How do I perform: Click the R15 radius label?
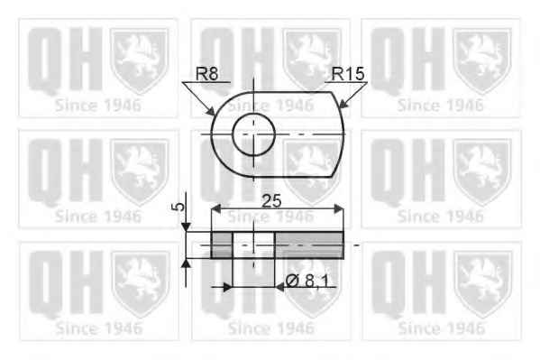pyautogui.click(x=348, y=74)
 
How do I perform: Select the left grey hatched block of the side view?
pyautogui.click(x=222, y=245)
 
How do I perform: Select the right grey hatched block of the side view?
pyautogui.click(x=310, y=245)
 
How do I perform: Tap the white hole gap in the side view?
pyautogui.click(x=253, y=245)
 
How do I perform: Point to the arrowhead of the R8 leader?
pyautogui.click(x=213, y=115)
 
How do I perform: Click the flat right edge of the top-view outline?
pyautogui.click(x=344, y=135)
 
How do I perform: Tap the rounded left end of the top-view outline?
pyautogui.click(x=212, y=135)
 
